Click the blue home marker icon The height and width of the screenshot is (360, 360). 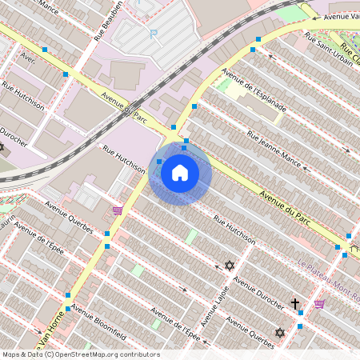tap(180, 173)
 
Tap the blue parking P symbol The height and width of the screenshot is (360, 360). tap(154, 33)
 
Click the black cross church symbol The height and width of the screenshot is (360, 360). tap(295, 304)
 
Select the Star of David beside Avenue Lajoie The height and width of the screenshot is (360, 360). tap(230, 265)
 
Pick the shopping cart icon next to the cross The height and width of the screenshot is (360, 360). tap(319, 304)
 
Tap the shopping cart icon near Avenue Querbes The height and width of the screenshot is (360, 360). tap(118, 210)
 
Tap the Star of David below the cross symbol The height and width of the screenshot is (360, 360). tap(280, 333)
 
